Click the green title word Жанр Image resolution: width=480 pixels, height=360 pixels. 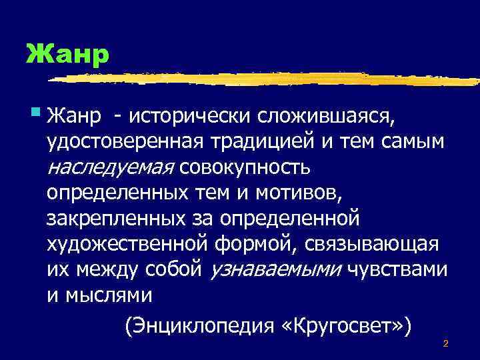click(67, 53)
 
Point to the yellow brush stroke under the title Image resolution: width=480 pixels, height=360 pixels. click(267, 78)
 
